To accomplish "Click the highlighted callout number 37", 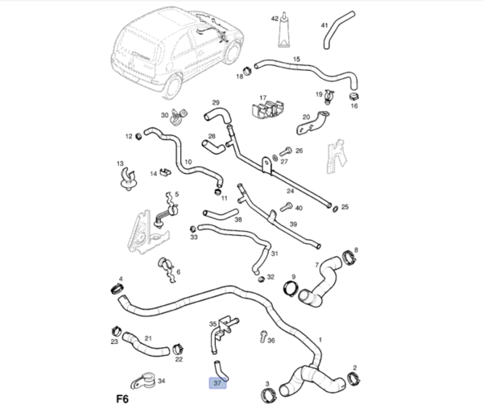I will coord(217,384).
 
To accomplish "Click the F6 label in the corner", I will coord(122,397).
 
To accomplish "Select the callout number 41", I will coord(324,26).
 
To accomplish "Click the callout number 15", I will coord(295,60).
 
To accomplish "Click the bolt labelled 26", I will coord(287,151).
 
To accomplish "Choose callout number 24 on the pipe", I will coord(290,192).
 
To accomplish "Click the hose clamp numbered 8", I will coord(349,258).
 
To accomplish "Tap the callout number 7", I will coord(317,263).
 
